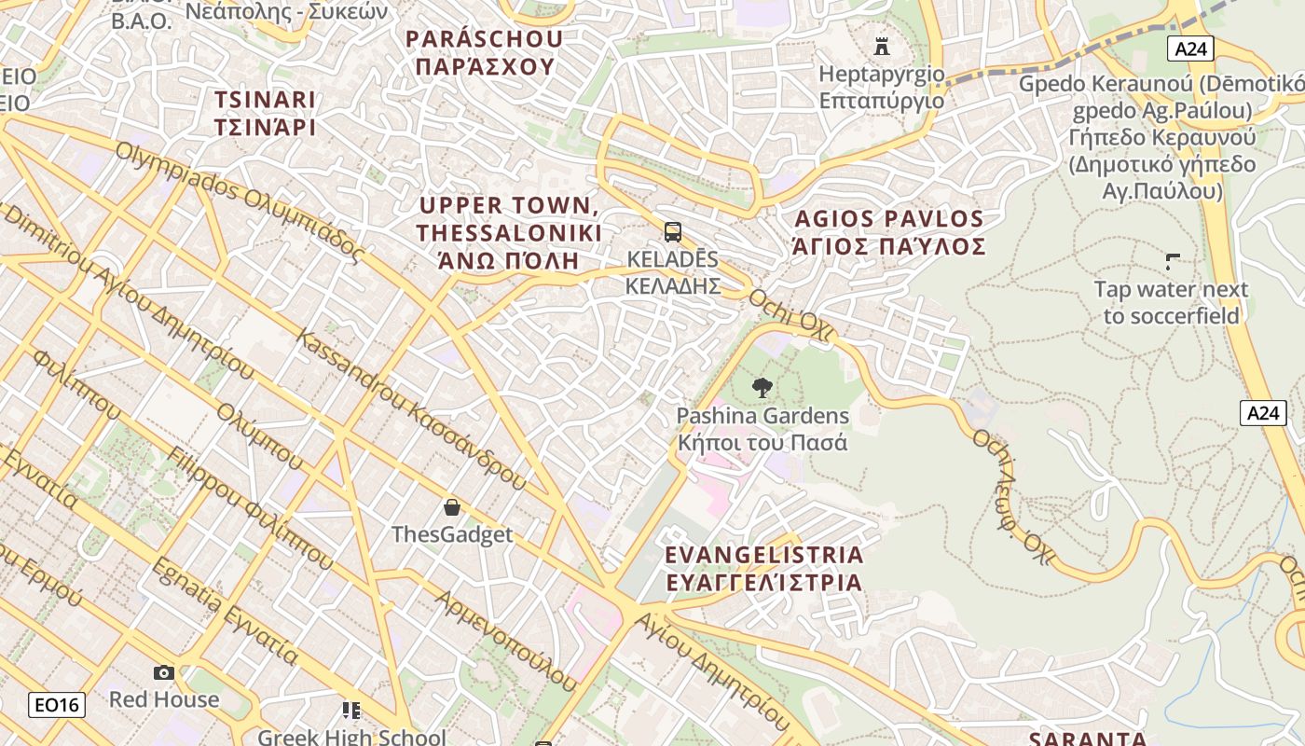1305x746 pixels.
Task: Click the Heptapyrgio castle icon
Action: (x=881, y=46)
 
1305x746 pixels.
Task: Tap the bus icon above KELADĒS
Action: (x=672, y=232)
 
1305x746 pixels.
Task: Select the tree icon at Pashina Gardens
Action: (x=762, y=388)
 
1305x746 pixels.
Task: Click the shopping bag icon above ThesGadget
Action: (x=452, y=507)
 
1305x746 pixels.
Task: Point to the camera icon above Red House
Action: (x=164, y=672)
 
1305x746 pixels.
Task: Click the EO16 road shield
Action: (x=57, y=705)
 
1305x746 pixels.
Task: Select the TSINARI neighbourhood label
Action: (x=266, y=113)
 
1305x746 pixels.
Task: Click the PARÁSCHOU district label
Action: (x=485, y=52)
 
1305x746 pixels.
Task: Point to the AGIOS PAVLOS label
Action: (x=888, y=232)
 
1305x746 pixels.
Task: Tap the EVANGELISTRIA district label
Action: (x=763, y=568)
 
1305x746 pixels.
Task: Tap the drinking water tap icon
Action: (x=1173, y=262)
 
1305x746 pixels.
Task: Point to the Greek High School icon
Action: (x=350, y=711)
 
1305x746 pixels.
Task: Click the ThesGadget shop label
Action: (x=452, y=534)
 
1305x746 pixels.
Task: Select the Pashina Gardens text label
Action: (x=762, y=428)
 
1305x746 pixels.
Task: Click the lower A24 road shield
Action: (x=1262, y=413)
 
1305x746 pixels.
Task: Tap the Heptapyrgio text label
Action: (x=881, y=87)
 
